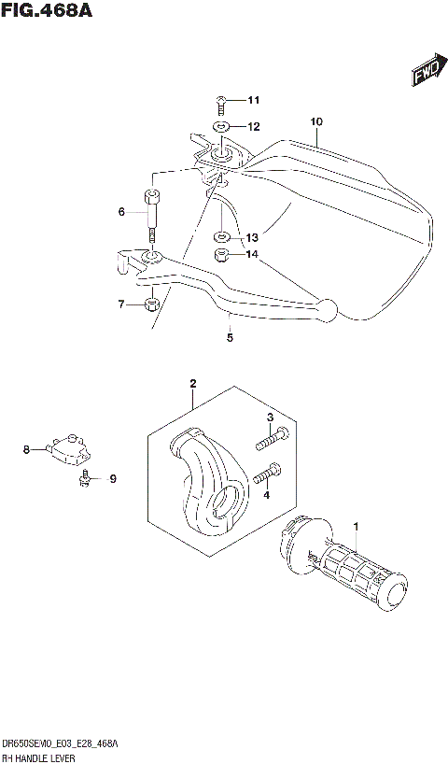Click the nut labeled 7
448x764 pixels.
[151, 304]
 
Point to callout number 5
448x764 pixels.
[229, 338]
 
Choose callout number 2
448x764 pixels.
[192, 383]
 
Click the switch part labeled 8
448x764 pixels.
[71, 448]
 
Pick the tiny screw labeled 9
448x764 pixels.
[85, 478]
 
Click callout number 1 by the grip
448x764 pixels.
[356, 530]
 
